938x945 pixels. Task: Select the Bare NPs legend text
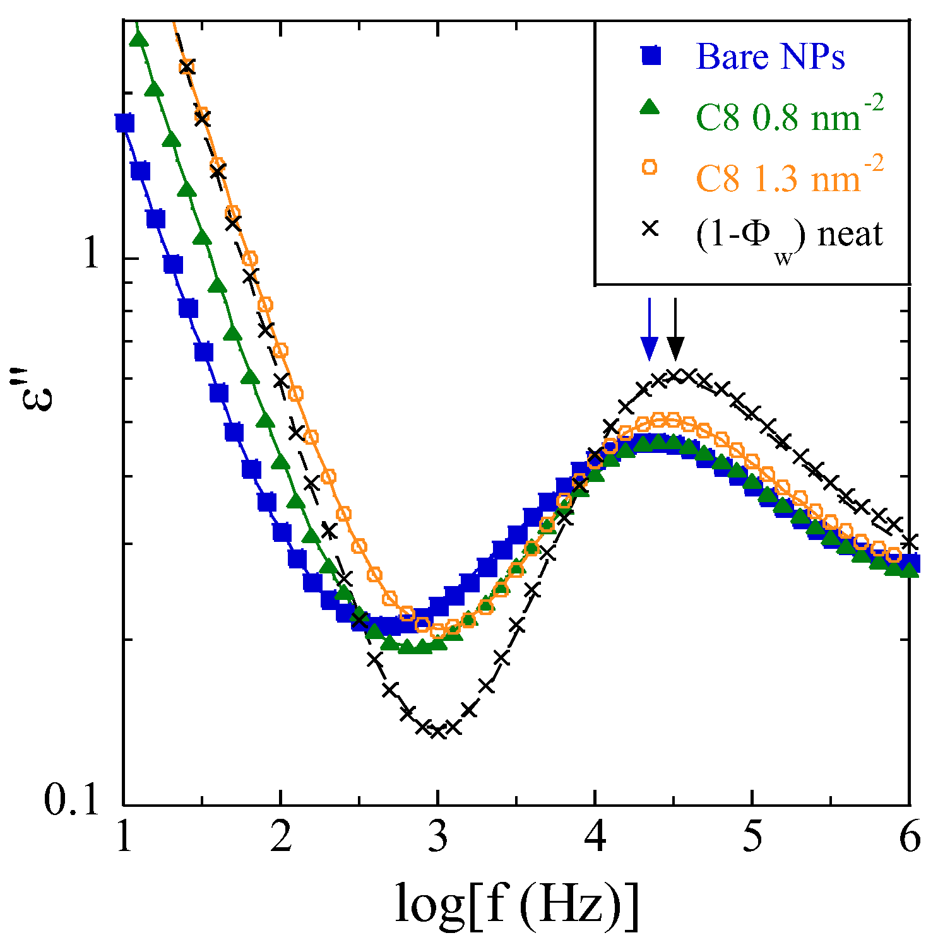click(x=770, y=57)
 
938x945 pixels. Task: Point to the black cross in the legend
click(x=650, y=228)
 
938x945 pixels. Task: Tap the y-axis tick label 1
click(x=92, y=255)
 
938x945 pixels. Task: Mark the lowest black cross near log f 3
click(x=438, y=731)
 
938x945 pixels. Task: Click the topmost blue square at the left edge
click(x=125, y=122)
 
